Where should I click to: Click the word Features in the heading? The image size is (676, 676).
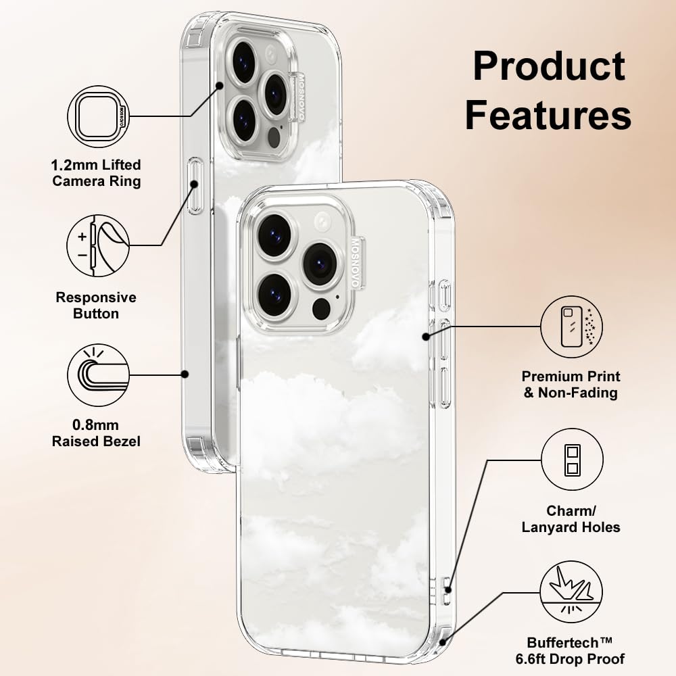(548, 116)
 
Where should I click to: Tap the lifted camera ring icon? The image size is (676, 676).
(99, 116)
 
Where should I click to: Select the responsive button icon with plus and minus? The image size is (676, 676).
(99, 245)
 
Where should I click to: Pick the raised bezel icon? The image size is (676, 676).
(99, 375)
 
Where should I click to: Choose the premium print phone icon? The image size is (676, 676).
(572, 327)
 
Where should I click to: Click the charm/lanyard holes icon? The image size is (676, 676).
(572, 459)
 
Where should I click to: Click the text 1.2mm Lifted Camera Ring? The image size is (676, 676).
(97, 172)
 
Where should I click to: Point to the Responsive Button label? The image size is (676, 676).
(96, 305)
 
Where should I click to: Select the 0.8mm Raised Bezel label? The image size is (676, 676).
(97, 433)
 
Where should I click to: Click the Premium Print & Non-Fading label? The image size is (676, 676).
(571, 384)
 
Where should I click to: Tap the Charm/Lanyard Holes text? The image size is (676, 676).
(571, 518)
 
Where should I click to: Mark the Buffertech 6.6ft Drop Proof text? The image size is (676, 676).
(576, 650)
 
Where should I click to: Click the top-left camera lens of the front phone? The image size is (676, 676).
(274, 235)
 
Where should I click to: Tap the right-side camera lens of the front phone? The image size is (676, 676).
(319, 263)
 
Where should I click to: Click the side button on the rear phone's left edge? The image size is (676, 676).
(195, 186)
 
